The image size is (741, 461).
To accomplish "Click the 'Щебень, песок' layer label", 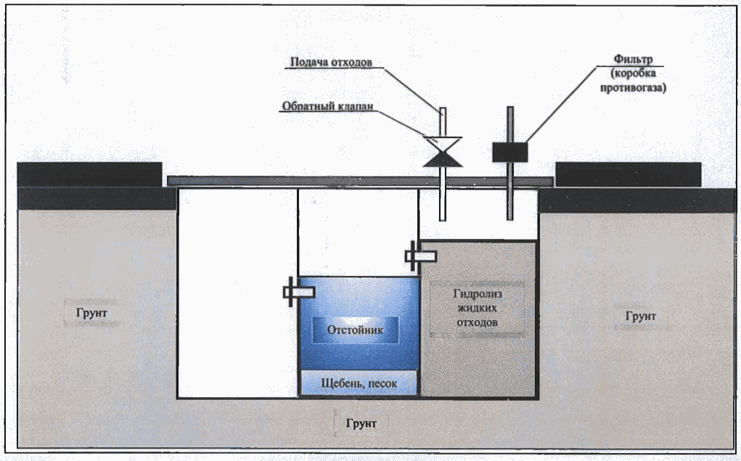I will tap(359, 383).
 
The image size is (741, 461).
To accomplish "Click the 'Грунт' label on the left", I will tap(91, 313).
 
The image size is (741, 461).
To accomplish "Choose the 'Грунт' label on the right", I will tap(640, 316).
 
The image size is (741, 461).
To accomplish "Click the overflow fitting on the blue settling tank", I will tap(298, 292).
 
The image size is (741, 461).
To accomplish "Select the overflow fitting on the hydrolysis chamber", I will tap(420, 255).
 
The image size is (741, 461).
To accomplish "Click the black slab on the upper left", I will tap(89, 174).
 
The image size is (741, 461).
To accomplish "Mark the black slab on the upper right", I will tap(628, 174).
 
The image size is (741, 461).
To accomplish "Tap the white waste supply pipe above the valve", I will tap(443, 121).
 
